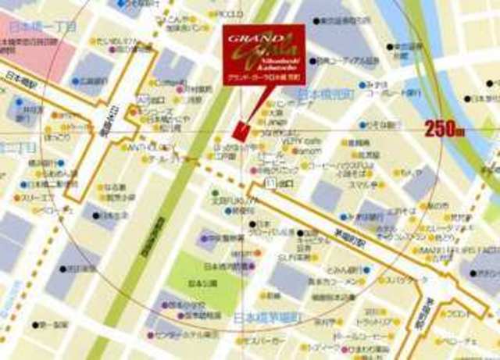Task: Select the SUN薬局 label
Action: [x=311, y=256]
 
